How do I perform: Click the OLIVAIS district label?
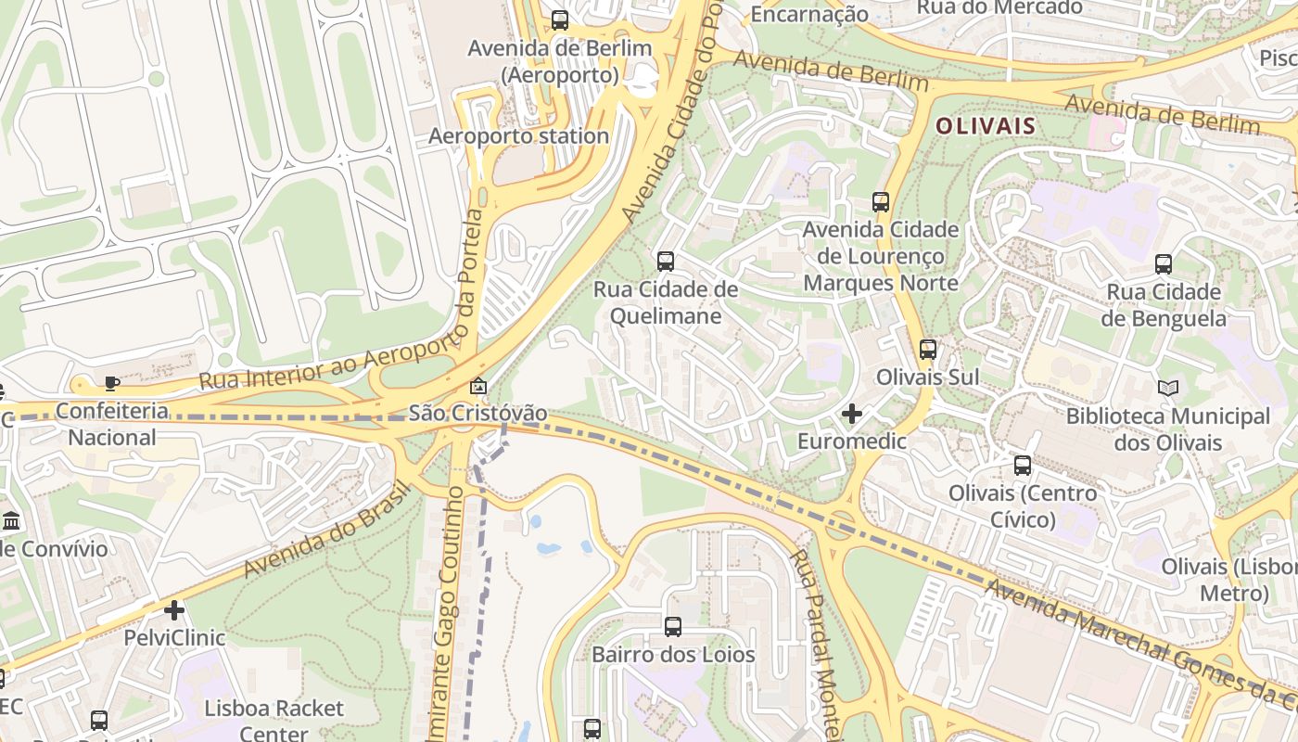[985, 126]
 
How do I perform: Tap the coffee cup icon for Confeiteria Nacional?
[111, 383]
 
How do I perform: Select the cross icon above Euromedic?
[852, 414]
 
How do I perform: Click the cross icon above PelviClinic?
[174, 610]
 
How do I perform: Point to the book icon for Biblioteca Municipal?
[1168, 389]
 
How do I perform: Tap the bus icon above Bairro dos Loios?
[673, 627]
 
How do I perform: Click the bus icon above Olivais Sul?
[928, 350]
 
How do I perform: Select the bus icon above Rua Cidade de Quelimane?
[666, 262]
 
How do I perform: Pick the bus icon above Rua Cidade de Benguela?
[1164, 264]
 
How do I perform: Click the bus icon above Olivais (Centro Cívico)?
[1023, 466]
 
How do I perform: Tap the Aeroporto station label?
[518, 136]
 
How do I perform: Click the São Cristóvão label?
[477, 414]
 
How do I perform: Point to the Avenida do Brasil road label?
[325, 529]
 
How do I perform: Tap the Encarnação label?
[808, 14]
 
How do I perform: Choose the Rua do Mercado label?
[999, 7]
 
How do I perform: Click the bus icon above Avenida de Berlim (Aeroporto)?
[560, 19]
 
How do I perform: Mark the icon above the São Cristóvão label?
[478, 386]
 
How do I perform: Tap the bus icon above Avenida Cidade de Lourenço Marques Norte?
[881, 201]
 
